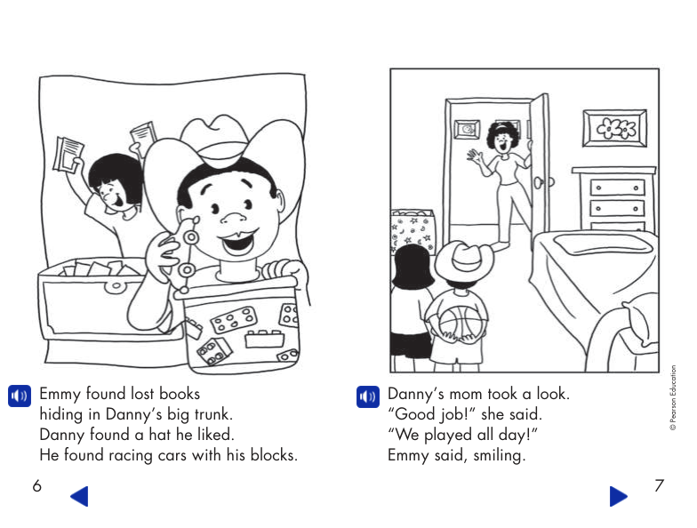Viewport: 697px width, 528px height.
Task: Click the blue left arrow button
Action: click(x=79, y=496)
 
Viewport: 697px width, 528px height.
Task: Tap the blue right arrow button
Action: click(x=619, y=496)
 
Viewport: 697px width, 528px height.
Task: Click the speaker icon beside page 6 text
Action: click(x=19, y=396)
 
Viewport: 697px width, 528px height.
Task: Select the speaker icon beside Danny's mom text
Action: click(x=367, y=396)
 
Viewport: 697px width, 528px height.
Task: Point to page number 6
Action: click(x=36, y=486)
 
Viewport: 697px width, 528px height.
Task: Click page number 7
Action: click(x=659, y=486)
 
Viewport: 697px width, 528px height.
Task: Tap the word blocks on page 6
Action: click(x=270, y=456)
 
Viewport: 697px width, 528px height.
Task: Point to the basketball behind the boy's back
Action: click(x=459, y=321)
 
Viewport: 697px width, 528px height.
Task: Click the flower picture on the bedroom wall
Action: click(x=614, y=129)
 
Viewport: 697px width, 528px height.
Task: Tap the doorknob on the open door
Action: click(x=541, y=182)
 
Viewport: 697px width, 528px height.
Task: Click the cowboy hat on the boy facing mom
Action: click(x=462, y=260)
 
